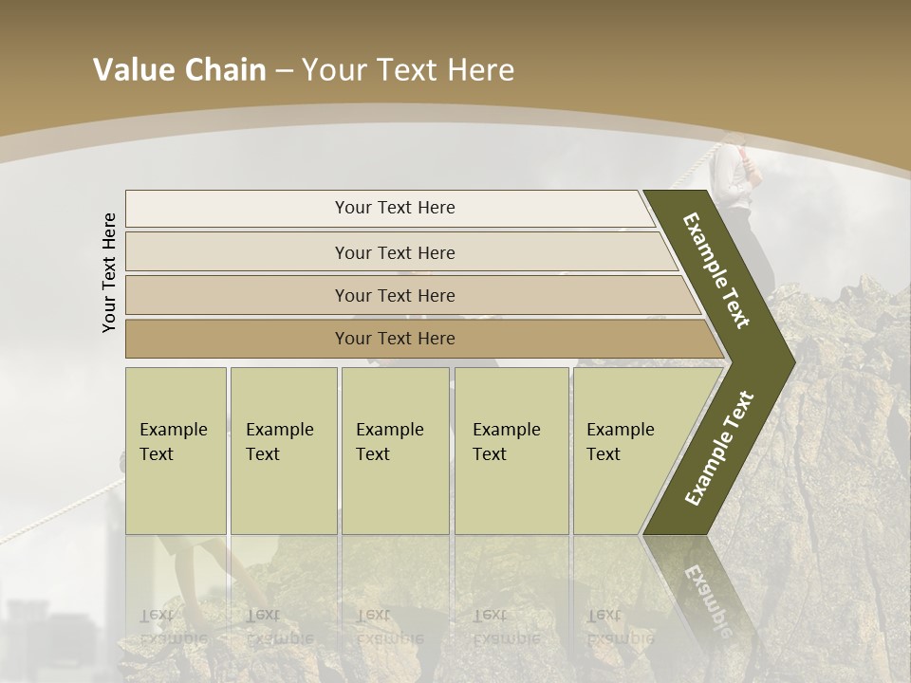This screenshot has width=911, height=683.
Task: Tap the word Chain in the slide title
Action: click(225, 70)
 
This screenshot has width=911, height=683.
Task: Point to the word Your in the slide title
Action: click(335, 70)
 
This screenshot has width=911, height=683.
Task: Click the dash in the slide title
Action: click(284, 71)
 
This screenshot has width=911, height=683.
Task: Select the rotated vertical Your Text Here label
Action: click(109, 272)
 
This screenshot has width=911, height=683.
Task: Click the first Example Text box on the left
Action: click(176, 451)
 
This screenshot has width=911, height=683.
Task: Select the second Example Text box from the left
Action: click(283, 451)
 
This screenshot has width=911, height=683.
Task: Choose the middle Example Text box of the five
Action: click(395, 451)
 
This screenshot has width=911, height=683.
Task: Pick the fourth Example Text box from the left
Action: click(511, 451)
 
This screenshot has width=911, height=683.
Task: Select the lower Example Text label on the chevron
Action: click(720, 448)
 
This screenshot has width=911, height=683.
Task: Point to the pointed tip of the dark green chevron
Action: click(792, 361)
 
